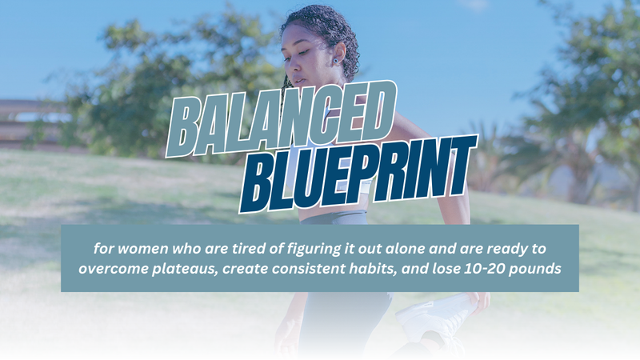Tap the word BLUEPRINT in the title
tap(358, 174)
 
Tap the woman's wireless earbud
tap(338, 62)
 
